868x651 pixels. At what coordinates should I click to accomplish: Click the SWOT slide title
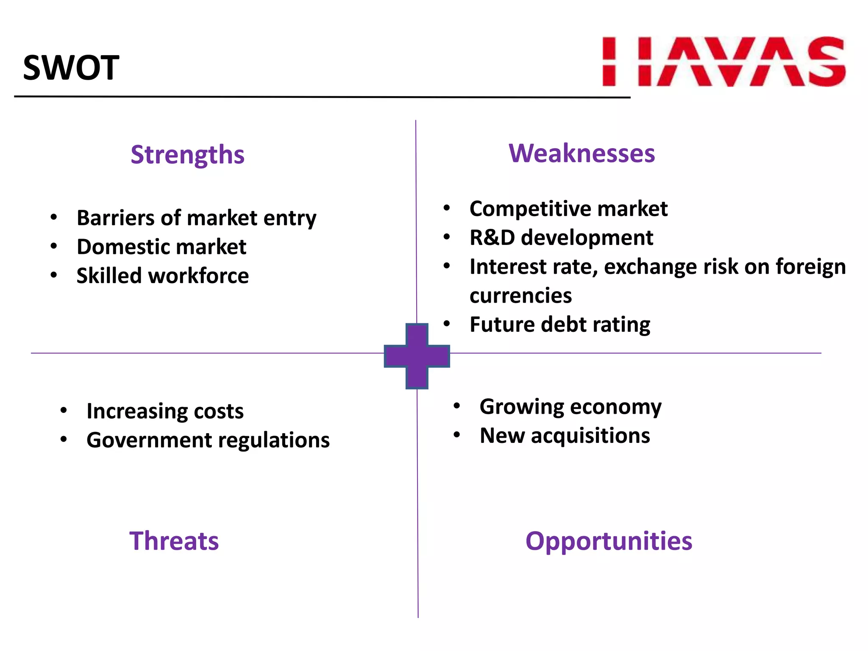tap(71, 68)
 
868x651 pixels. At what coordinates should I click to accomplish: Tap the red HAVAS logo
tap(724, 62)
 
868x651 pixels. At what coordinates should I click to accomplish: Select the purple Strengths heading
tap(187, 155)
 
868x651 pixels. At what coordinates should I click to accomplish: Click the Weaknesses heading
tap(581, 153)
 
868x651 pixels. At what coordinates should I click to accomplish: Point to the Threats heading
tap(174, 541)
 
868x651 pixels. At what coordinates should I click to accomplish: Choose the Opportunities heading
tap(609, 541)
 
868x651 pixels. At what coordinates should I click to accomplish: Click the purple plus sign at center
tap(417, 356)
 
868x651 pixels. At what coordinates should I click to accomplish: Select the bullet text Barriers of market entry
tap(196, 218)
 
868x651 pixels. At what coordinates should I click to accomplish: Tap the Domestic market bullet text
tap(161, 247)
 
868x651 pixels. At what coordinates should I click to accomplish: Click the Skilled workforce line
tap(162, 276)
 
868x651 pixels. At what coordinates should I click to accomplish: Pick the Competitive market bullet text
tap(568, 209)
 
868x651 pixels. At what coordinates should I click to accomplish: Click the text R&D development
tap(561, 238)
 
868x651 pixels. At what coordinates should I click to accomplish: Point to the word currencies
tap(520, 296)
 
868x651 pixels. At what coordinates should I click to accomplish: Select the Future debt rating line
tap(559, 325)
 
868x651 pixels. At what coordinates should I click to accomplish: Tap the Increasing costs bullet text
tap(165, 412)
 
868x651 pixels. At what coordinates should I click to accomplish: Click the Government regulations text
tap(208, 440)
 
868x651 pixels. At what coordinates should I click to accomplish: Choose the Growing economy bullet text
tap(570, 407)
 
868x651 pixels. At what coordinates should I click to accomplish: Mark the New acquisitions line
tap(565, 436)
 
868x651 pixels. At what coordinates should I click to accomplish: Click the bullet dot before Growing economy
tap(456, 406)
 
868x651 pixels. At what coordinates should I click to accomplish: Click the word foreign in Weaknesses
tap(810, 267)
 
